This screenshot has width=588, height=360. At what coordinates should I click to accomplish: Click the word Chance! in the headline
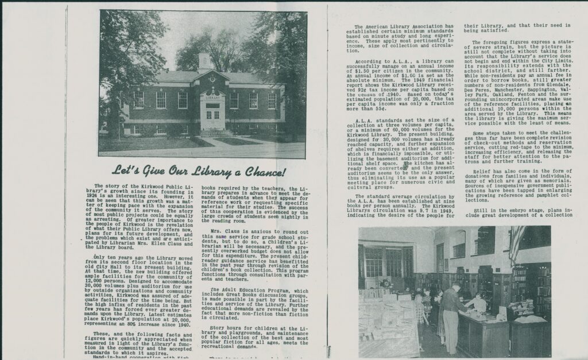click(256, 172)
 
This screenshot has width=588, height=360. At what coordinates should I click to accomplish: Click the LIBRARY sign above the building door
click(212, 98)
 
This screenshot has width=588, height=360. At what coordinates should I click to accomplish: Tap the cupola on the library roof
click(204, 60)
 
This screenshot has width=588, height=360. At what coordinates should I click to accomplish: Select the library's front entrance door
click(212, 117)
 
